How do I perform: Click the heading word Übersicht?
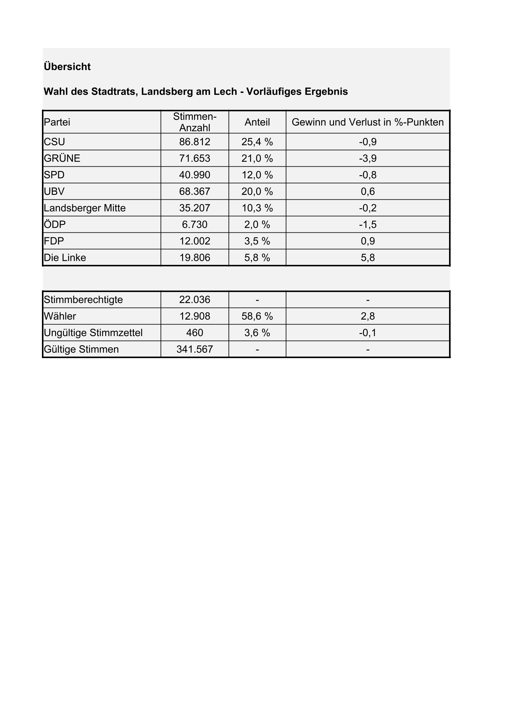click(67, 67)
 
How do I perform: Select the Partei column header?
click(57, 122)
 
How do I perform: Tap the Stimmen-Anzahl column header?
click(195, 122)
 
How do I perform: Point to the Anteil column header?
click(257, 122)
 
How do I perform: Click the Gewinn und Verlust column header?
click(368, 122)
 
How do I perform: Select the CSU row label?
click(54, 142)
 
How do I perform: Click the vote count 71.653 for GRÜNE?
click(195, 158)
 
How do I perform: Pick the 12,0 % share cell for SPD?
click(257, 175)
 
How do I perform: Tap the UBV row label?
click(54, 191)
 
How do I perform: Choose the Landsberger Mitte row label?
click(84, 208)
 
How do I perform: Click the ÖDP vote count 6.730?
click(195, 224)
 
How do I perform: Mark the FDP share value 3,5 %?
click(257, 241)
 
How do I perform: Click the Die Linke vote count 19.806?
click(195, 257)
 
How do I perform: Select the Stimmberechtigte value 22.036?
click(195, 300)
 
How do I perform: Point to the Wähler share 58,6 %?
click(257, 317)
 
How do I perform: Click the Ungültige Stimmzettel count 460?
click(195, 333)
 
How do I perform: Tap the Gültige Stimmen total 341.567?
click(195, 350)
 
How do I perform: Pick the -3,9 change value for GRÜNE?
click(368, 158)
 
